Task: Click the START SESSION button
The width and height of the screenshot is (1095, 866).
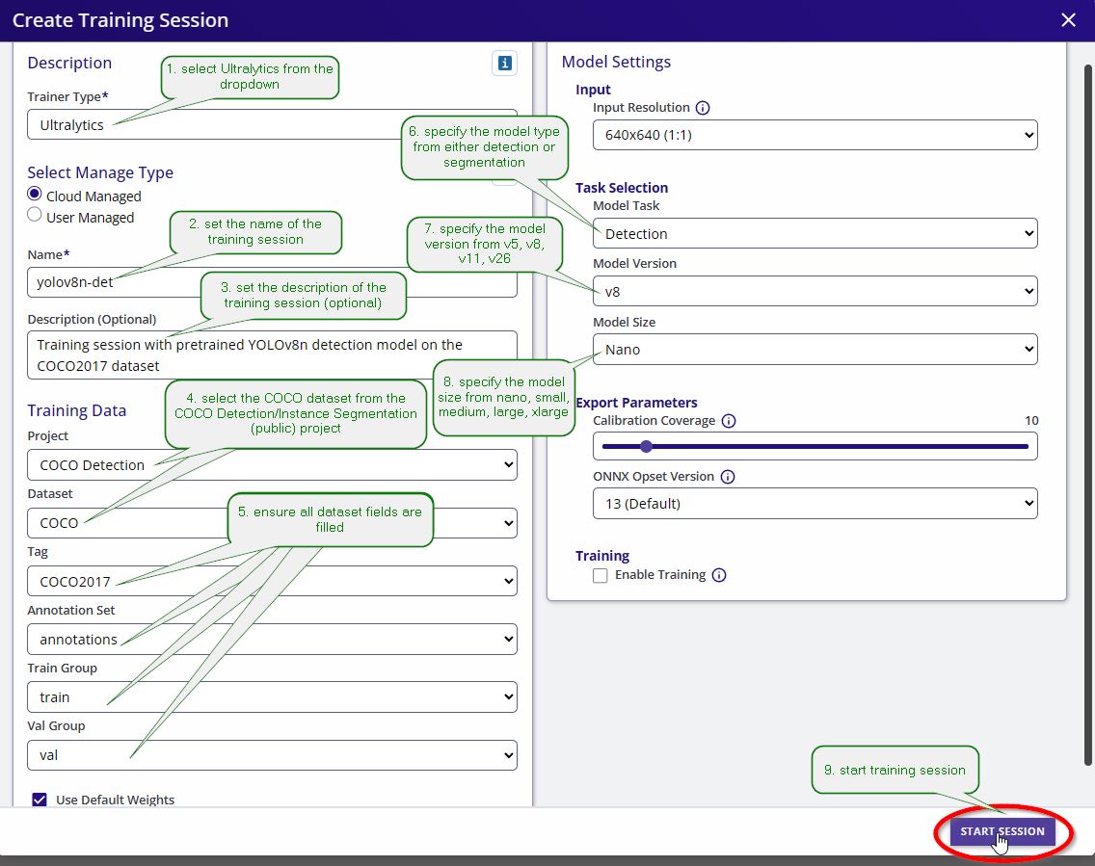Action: (1002, 831)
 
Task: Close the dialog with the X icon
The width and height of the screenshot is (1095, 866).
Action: (1068, 19)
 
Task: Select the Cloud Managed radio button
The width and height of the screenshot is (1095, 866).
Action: (35, 194)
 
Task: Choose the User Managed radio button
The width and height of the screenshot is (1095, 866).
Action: (35, 215)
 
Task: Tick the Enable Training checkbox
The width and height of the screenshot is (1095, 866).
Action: (600, 575)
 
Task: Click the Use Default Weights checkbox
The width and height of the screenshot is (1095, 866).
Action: (40, 800)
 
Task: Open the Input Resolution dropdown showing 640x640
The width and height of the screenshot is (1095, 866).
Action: (815, 135)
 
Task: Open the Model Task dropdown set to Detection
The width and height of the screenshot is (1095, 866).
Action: (815, 234)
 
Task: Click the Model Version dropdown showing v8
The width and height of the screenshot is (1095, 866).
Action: (815, 292)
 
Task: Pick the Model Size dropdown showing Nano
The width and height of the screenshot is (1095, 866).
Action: (815, 350)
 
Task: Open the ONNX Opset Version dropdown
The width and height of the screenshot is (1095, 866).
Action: (815, 504)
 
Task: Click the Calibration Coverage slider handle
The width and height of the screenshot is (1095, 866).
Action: (647, 447)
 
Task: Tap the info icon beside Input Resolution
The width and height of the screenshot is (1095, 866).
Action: (703, 108)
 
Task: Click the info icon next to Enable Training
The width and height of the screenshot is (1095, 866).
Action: (719, 575)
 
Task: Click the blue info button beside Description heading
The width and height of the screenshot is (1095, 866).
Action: (504, 63)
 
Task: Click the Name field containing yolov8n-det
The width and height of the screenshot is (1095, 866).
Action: (273, 282)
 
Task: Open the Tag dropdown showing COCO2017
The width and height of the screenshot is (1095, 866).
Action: (273, 581)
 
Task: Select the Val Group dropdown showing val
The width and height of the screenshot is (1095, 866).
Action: (273, 755)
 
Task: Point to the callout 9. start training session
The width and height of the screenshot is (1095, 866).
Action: (895, 770)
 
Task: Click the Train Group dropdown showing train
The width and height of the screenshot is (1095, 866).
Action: (273, 697)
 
